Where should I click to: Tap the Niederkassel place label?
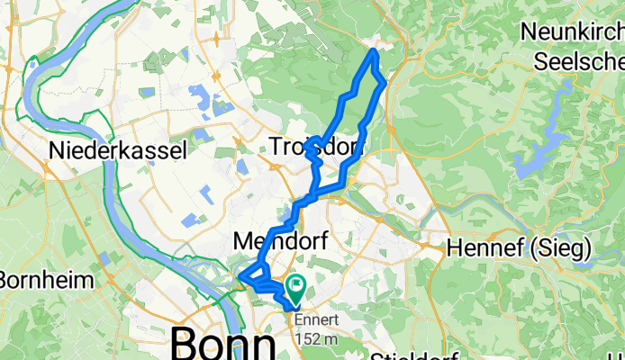(x=119, y=149)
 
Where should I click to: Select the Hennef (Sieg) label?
(x=519, y=246)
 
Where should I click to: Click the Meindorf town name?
(x=279, y=241)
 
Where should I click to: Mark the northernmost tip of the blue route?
(x=374, y=52)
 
